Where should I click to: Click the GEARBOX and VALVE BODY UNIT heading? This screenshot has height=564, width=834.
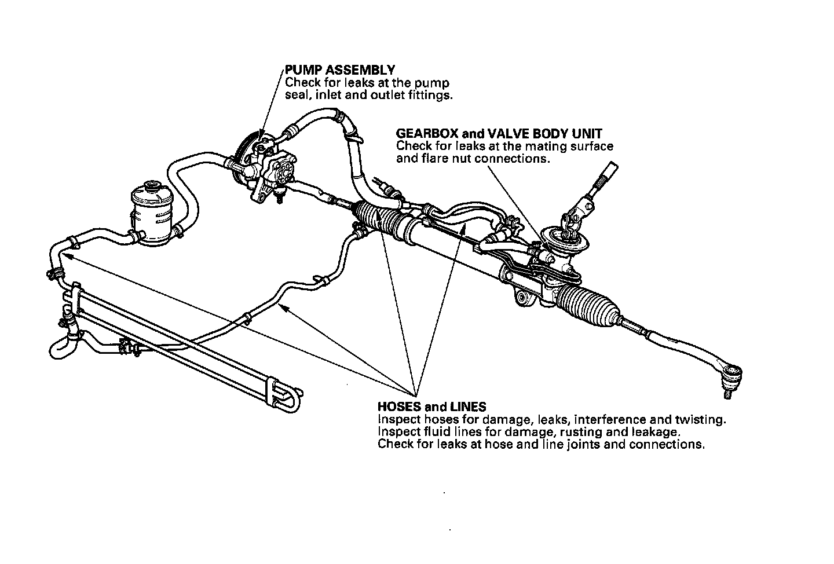[499, 134]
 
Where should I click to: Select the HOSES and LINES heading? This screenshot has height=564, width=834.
[431, 406]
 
